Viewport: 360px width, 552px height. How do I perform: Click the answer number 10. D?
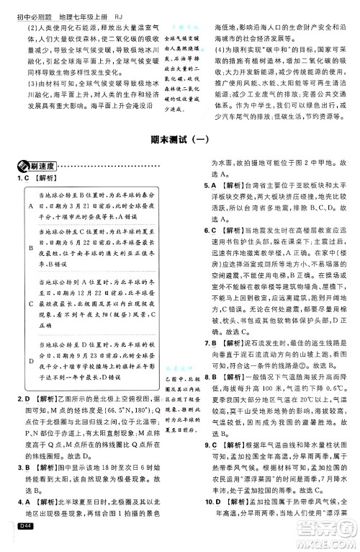211,523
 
